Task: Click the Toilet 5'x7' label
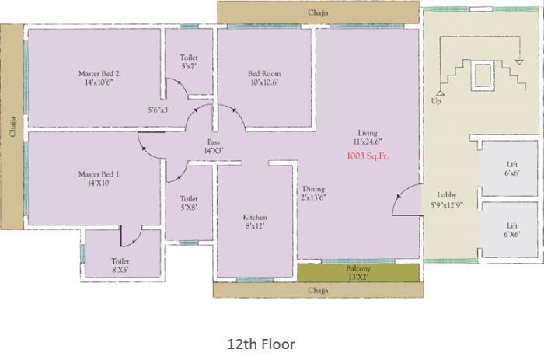pos(189,62)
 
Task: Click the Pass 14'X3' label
pos(213,146)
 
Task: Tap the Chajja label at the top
pos(319,12)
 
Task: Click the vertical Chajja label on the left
pos(12,124)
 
